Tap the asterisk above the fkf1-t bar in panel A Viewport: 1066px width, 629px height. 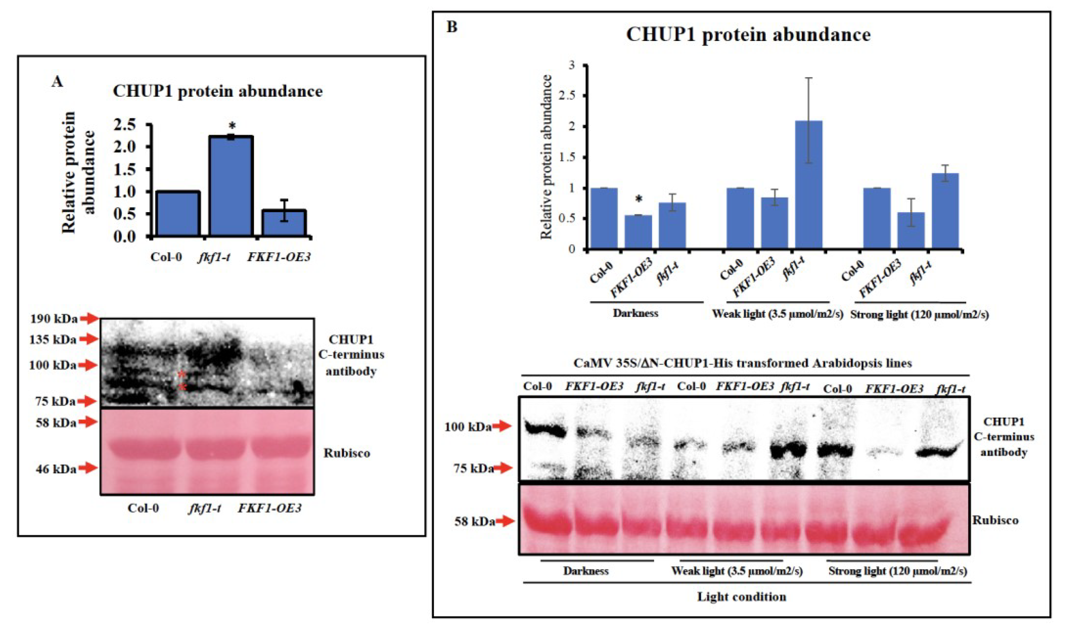tap(232, 126)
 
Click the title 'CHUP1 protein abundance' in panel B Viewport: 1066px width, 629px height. tap(748, 35)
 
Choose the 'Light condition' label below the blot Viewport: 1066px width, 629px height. tap(742, 597)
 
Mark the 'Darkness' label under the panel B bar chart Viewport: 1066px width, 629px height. tap(636, 313)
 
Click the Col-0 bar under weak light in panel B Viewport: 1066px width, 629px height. tap(740, 218)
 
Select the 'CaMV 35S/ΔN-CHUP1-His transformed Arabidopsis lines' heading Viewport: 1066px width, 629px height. tap(742, 363)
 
